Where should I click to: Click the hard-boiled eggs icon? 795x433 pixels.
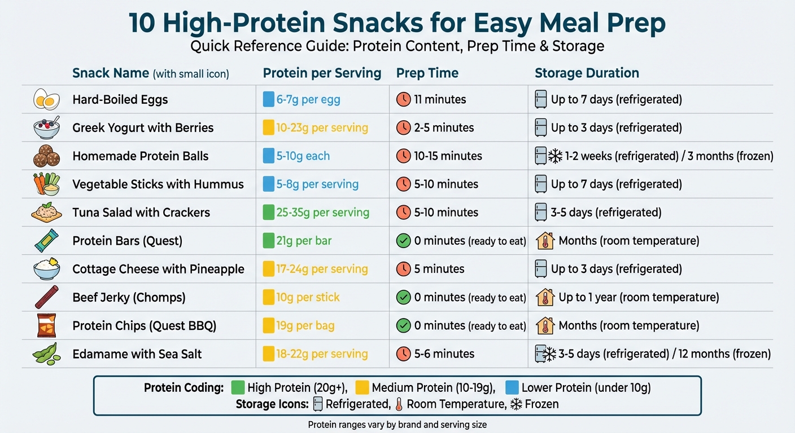pyautogui.click(x=47, y=100)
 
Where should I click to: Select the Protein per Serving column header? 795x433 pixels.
pyautogui.click(x=322, y=73)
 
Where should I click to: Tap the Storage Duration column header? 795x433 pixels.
pyautogui.click(x=587, y=73)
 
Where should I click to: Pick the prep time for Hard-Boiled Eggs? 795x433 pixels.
pyautogui.click(x=440, y=100)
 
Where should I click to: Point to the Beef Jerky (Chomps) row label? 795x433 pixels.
pyautogui.click(x=129, y=297)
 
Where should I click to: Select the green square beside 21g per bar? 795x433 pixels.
pyautogui.click(x=269, y=241)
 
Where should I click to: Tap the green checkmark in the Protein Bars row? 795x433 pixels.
pyautogui.click(x=403, y=241)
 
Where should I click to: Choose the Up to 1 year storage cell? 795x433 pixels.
pyautogui.click(x=638, y=297)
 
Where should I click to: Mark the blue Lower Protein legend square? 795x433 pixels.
pyautogui.click(x=513, y=387)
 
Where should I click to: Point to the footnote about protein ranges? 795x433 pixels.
pyautogui.click(x=397, y=425)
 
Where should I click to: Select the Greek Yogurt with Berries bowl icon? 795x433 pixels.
pyautogui.click(x=47, y=128)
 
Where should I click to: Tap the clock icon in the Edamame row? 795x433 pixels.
pyautogui.click(x=403, y=354)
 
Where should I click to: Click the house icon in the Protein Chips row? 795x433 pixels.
pyautogui.click(x=544, y=325)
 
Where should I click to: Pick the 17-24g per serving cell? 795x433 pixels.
pyautogui.click(x=322, y=269)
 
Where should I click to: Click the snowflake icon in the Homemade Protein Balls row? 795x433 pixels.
pyautogui.click(x=556, y=156)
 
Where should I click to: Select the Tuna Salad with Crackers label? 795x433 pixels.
pyautogui.click(x=141, y=213)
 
